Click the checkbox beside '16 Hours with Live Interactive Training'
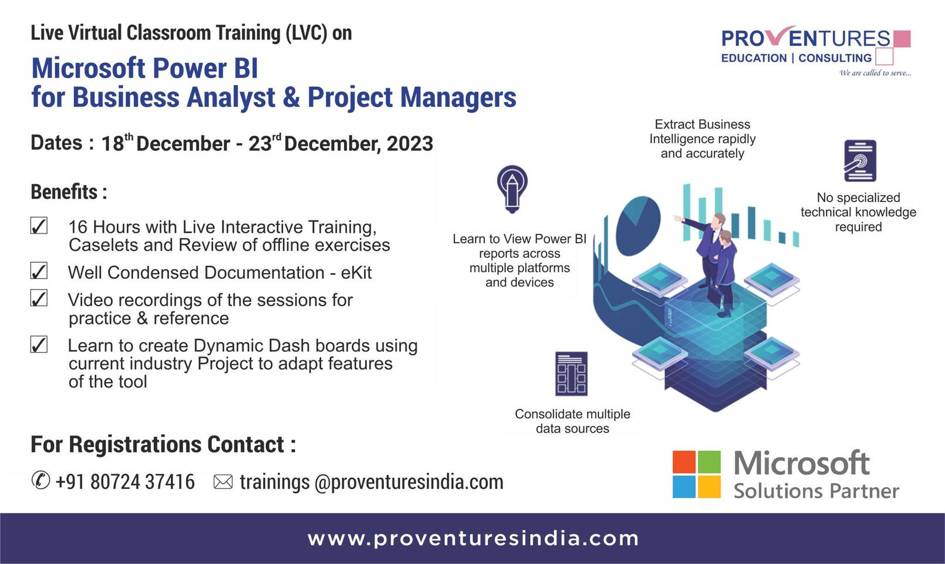click(x=39, y=226)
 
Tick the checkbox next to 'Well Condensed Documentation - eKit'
click(x=39, y=271)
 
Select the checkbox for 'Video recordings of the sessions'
click(x=39, y=298)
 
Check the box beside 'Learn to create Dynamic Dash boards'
click(x=39, y=344)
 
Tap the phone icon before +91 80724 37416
click(x=41, y=481)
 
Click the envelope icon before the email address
click(x=223, y=482)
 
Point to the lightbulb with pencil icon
click(x=512, y=189)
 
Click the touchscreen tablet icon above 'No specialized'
click(x=860, y=161)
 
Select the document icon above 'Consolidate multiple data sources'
click(x=571, y=374)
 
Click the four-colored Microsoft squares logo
click(x=697, y=475)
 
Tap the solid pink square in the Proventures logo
click(x=902, y=38)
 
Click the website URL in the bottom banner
click(x=473, y=539)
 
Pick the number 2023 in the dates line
click(x=410, y=143)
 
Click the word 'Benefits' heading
click(x=64, y=192)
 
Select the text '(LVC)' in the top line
click(x=306, y=33)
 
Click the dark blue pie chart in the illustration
click(x=638, y=226)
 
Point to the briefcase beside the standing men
click(x=714, y=295)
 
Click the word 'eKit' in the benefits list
click(x=356, y=273)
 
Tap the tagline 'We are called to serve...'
click(x=875, y=73)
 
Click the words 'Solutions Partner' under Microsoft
click(x=816, y=491)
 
